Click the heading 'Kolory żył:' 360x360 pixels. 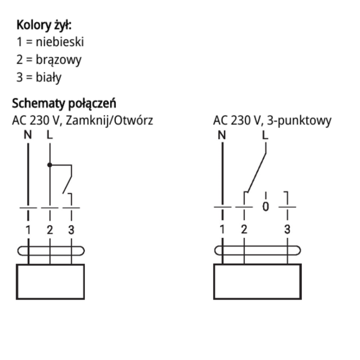(44, 26)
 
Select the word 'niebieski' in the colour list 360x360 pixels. (60, 43)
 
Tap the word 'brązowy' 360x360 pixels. (58, 60)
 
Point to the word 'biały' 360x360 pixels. (48, 77)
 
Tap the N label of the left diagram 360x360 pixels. (27, 135)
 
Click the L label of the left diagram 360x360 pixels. (50, 135)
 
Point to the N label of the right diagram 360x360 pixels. (221, 135)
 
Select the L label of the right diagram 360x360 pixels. (265, 135)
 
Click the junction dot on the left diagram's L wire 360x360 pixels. (50, 165)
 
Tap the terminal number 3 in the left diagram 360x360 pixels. (71, 230)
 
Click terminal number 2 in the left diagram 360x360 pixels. (50, 230)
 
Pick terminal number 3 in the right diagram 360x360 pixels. (287, 230)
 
